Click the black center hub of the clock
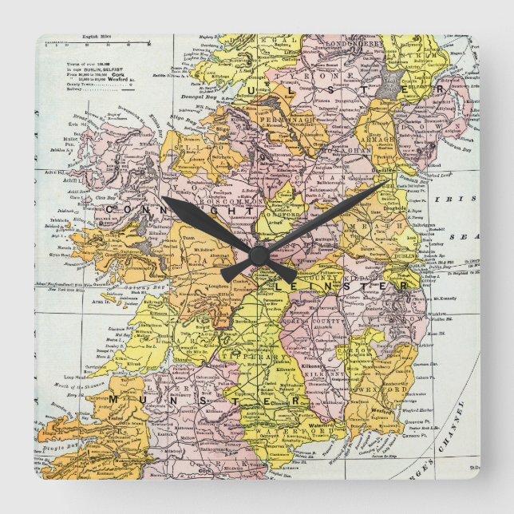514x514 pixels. point(257,255)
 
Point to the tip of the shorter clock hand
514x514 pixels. point(163,198)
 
